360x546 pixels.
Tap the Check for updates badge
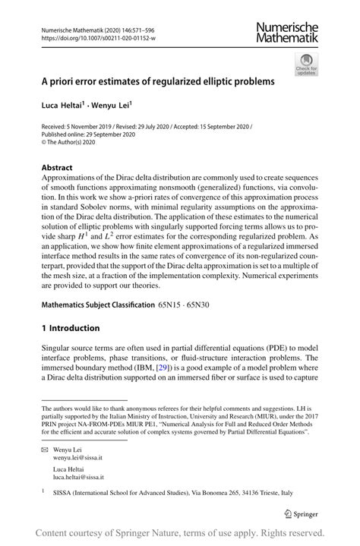point(306,65)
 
